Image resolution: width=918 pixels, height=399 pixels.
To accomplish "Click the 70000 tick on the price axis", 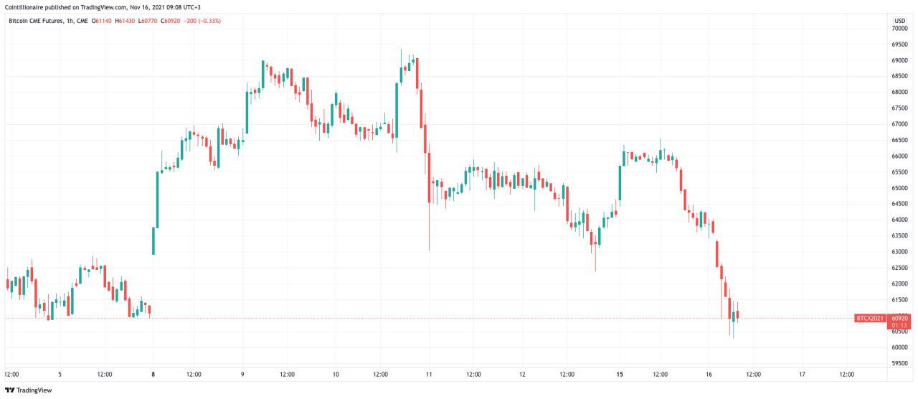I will [899, 29].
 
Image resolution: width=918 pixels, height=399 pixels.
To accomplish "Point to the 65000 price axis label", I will [899, 188].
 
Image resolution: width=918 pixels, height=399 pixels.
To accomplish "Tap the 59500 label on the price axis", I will [899, 363].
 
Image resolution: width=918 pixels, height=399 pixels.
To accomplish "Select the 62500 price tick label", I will [899, 268].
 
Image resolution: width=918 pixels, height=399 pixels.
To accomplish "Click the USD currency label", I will [899, 20].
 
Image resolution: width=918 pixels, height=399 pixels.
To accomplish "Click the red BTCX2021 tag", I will [870, 318].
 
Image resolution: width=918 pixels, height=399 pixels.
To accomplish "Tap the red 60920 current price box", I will [899, 318].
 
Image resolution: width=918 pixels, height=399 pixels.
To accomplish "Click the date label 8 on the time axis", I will [153, 374].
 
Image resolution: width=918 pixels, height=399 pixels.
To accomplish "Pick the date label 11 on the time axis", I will [428, 374].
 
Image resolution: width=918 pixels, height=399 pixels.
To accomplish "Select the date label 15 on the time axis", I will [619, 374].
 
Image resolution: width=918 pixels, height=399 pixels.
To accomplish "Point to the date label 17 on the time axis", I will [802, 374].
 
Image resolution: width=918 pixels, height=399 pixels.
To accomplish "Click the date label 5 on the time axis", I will [60, 374].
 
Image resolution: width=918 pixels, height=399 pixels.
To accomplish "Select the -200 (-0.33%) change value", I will [202, 21].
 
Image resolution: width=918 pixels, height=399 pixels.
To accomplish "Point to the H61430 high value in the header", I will [126, 21].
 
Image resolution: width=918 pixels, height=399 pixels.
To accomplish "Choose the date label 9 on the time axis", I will [243, 374].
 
